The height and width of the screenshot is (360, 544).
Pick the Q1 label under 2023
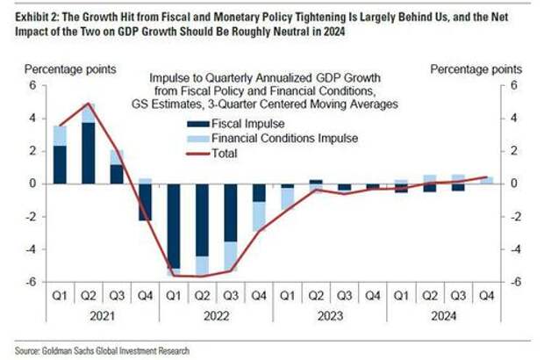(x=287, y=296)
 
